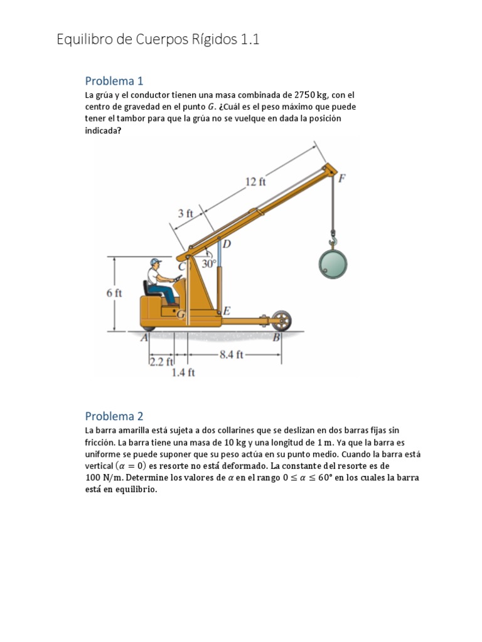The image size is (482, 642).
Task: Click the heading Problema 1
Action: pyautogui.click(x=114, y=81)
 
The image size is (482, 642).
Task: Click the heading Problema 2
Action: pyautogui.click(x=114, y=416)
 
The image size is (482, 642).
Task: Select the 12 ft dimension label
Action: pyautogui.click(x=255, y=181)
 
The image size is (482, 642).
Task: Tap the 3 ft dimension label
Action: pyautogui.click(x=185, y=213)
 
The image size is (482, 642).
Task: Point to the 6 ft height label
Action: pyautogui.click(x=114, y=293)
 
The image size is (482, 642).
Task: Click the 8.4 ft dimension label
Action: pyautogui.click(x=232, y=354)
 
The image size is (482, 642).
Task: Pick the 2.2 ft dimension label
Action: pyautogui.click(x=162, y=362)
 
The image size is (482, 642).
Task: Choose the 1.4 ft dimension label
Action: pyautogui.click(x=183, y=372)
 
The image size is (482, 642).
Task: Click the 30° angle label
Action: pyautogui.click(x=208, y=263)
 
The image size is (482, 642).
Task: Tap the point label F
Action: pyautogui.click(x=342, y=178)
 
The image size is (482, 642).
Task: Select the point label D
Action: pyautogui.click(x=227, y=244)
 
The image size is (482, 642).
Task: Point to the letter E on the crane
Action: pyautogui.click(x=227, y=311)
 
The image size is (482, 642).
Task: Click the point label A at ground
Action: pyautogui.click(x=144, y=338)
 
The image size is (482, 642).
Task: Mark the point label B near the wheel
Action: pyautogui.click(x=277, y=337)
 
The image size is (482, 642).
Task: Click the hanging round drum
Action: pyautogui.click(x=333, y=264)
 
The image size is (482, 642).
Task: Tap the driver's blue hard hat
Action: pyautogui.click(x=156, y=261)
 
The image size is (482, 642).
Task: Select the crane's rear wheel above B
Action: pyautogui.click(x=281, y=320)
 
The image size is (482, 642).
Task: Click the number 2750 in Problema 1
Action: pyautogui.click(x=304, y=95)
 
